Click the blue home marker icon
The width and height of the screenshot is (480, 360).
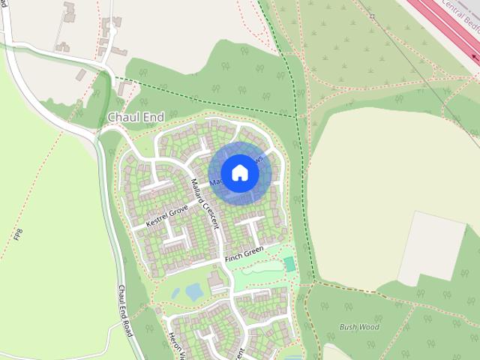pos(239,172)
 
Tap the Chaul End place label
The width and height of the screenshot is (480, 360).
pos(135,118)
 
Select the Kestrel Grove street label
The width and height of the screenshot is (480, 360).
pos(166,215)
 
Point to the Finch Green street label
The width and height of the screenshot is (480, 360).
pos(244,253)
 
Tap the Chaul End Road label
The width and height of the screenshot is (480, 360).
pos(124,310)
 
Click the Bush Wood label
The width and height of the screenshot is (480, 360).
pos(359,327)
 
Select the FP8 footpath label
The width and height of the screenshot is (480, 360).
pos(17,235)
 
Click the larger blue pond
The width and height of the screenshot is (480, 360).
pos(195,291)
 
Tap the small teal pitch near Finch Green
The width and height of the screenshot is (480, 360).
pos(289,264)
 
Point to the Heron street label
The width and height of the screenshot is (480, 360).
pos(175,346)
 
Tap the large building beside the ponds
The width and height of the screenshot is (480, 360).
pos(216,282)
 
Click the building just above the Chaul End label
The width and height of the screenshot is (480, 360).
pos(119,91)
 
